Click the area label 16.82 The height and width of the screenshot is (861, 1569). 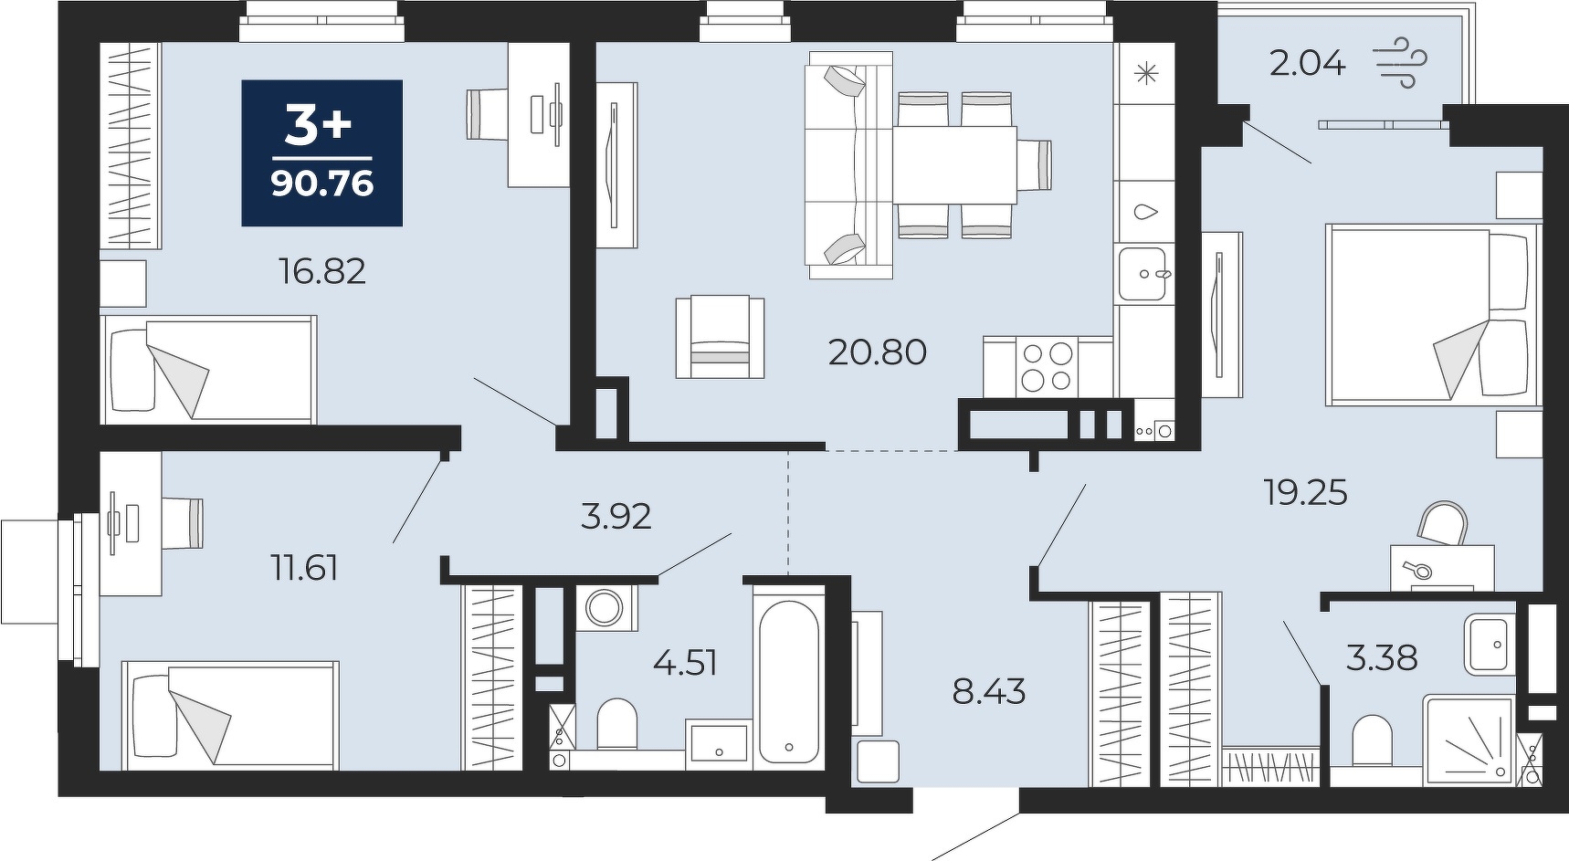click(322, 271)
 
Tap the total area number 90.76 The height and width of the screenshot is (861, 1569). click(322, 184)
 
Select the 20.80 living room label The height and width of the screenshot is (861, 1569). click(877, 352)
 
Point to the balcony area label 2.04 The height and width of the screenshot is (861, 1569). click(1308, 64)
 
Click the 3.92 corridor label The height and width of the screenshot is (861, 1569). click(616, 517)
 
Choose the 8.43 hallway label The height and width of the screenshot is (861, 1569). click(989, 692)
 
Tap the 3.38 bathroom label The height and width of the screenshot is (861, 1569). click(1382, 657)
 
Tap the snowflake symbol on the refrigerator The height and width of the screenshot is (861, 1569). click(1143, 73)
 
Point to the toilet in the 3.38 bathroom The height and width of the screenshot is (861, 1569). click(1371, 740)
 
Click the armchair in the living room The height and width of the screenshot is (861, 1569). click(720, 337)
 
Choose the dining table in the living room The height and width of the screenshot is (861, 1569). click(955, 164)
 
